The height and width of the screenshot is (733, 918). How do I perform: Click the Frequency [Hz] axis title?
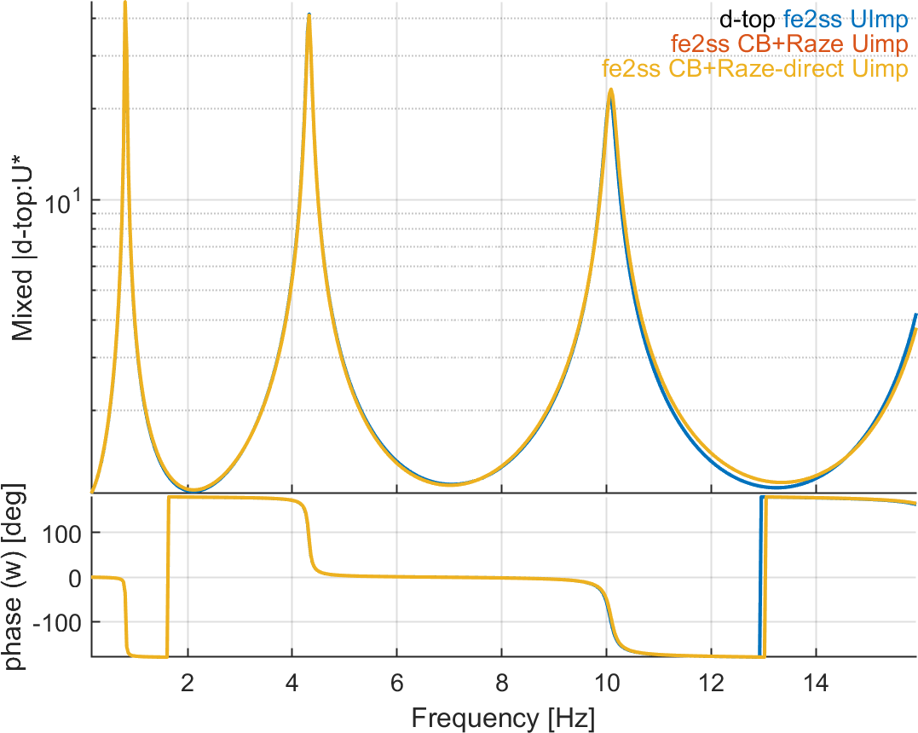(503, 717)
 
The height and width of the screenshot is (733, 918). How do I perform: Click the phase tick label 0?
(76, 577)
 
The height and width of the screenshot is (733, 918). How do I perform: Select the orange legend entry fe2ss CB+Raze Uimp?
(789, 43)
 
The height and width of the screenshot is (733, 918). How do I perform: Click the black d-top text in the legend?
(748, 18)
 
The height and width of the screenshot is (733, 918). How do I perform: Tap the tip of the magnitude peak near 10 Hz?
(610, 89)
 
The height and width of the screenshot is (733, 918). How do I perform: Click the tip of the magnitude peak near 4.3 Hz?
(309, 14)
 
